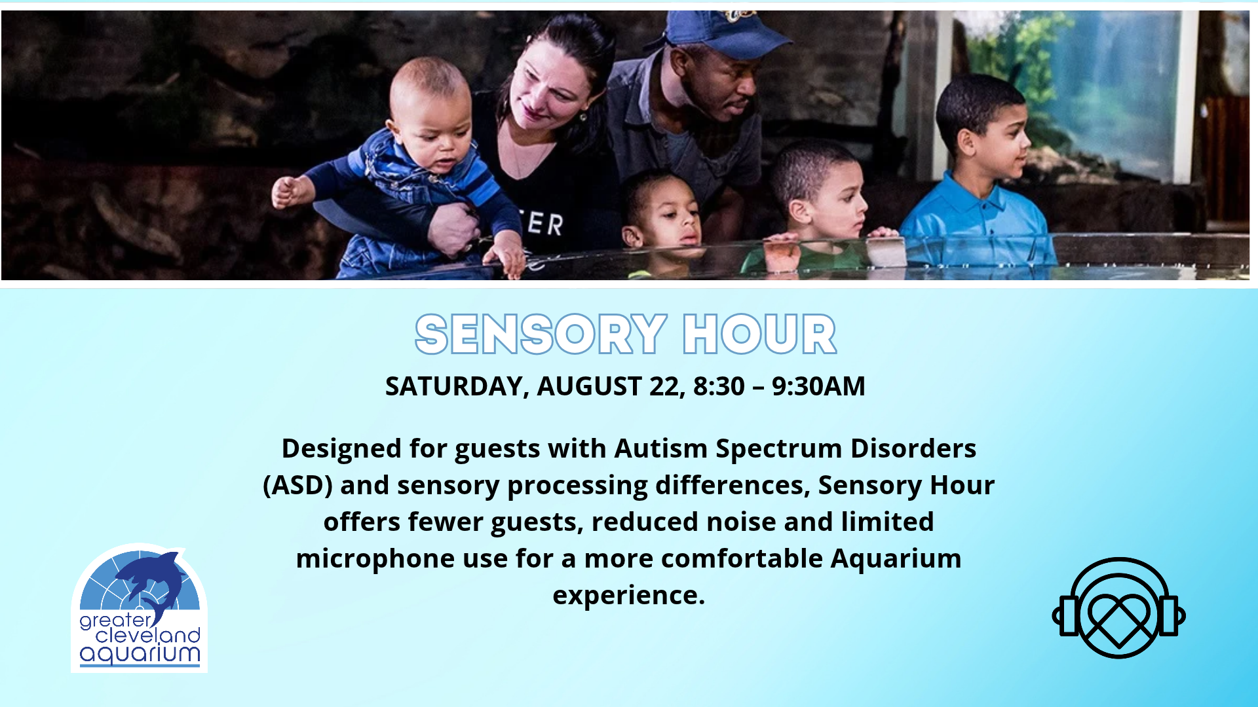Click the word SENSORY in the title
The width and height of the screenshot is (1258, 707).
coord(541,335)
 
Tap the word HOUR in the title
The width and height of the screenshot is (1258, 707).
coord(759,335)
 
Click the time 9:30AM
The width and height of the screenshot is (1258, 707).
coord(818,386)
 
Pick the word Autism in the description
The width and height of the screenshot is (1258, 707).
coord(661,448)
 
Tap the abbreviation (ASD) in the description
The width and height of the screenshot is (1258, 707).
coord(298,486)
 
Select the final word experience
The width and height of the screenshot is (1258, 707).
coord(629,596)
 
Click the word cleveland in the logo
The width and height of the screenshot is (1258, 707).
coord(148,635)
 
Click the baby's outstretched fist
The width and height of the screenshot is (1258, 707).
coord(286,192)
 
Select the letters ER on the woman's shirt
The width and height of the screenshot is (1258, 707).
coord(545,224)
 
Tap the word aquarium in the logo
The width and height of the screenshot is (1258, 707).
coord(140,655)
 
